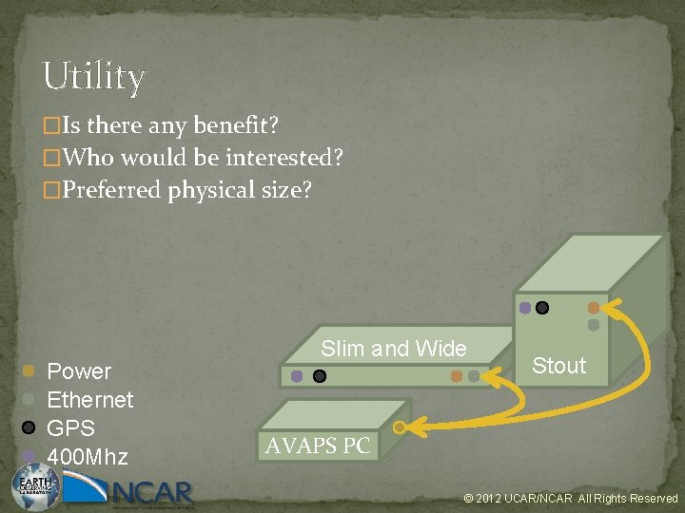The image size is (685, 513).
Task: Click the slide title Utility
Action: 93,76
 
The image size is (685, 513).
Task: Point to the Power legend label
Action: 79,371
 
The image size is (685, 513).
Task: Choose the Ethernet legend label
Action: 90,400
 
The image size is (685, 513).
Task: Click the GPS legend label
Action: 70,428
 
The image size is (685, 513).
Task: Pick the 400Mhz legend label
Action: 87,457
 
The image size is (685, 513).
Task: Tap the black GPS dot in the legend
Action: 29,427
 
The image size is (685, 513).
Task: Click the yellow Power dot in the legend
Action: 29,370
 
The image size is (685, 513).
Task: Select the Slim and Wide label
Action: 394,349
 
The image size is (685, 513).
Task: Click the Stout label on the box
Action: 558,366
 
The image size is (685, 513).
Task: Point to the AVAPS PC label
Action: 318,446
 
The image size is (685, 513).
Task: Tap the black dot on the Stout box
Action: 542,308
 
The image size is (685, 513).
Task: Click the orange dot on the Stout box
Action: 594,308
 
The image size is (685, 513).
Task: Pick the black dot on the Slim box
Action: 320,376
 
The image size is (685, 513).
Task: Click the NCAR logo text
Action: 152,492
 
